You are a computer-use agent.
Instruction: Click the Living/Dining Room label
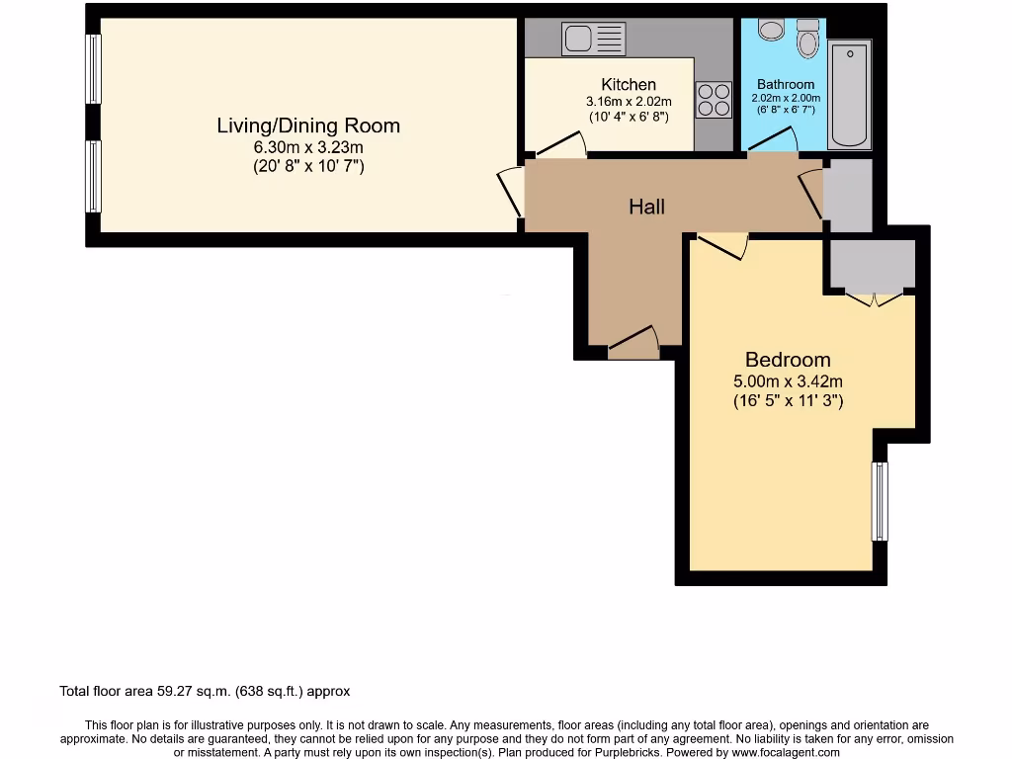(x=308, y=126)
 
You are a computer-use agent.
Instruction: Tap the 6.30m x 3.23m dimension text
(x=308, y=147)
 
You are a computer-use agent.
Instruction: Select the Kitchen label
(x=628, y=84)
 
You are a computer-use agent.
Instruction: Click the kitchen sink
(x=593, y=40)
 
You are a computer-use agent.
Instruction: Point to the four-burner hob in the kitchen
(x=713, y=99)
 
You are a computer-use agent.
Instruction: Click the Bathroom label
(x=786, y=84)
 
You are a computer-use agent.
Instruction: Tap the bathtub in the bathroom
(x=849, y=94)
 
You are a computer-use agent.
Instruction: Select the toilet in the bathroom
(x=808, y=39)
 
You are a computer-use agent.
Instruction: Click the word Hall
(x=646, y=207)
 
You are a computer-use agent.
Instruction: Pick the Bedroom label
(x=788, y=360)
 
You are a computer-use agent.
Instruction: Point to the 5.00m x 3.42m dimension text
(x=788, y=381)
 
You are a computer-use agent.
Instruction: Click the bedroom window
(x=879, y=501)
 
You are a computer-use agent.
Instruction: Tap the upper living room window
(x=93, y=69)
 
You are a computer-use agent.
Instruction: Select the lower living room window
(x=93, y=176)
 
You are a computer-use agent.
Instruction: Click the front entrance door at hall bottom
(x=633, y=343)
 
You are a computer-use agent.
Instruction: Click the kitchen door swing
(x=560, y=146)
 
